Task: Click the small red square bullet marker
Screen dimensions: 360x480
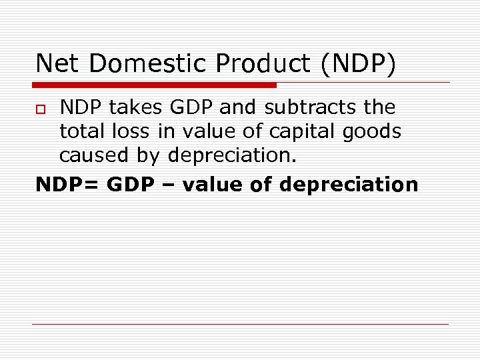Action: coord(40,109)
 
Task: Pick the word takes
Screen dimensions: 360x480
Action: coord(131,107)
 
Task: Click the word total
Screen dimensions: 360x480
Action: coord(82,131)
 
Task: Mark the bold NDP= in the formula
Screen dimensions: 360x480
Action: coord(67,184)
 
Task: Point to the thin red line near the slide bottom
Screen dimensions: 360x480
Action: coord(240,325)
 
